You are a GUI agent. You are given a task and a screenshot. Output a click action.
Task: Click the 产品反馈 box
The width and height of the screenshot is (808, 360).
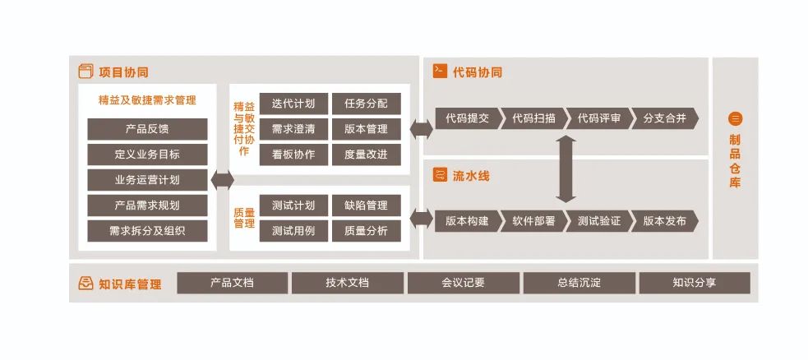click(x=147, y=129)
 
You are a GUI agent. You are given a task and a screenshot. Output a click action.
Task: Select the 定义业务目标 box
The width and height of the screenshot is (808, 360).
click(x=147, y=155)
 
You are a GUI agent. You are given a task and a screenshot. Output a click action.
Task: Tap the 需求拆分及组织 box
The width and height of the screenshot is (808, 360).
click(x=147, y=231)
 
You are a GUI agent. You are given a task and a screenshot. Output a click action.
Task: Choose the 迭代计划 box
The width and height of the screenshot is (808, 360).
click(x=293, y=104)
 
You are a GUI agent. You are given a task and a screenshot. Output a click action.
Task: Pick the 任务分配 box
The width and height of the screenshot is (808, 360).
click(x=366, y=104)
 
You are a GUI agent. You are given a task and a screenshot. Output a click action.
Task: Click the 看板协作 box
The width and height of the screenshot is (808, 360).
click(x=293, y=155)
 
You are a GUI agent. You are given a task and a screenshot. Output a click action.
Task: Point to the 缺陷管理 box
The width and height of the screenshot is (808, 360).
click(x=366, y=205)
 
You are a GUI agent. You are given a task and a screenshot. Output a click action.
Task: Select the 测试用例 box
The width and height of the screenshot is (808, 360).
click(x=293, y=231)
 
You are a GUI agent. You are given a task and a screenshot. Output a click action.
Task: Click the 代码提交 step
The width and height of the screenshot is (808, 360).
click(x=466, y=118)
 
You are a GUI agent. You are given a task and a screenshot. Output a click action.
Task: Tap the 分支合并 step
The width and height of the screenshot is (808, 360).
click(x=665, y=118)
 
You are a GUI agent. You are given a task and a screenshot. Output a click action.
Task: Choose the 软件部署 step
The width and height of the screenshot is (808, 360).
click(x=533, y=221)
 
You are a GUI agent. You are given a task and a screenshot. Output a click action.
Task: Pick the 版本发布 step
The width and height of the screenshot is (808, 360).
click(x=665, y=221)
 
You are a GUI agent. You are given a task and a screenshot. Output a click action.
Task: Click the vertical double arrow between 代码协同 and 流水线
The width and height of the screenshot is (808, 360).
click(x=566, y=169)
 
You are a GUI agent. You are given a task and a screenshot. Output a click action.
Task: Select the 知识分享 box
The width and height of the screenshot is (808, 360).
click(x=694, y=283)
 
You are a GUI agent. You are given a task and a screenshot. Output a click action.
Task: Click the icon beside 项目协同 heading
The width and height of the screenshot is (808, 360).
click(x=85, y=72)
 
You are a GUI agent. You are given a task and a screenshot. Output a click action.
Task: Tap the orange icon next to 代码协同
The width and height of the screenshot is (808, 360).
click(x=440, y=72)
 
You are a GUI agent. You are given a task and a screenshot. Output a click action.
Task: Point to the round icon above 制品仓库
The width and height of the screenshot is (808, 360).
click(x=735, y=118)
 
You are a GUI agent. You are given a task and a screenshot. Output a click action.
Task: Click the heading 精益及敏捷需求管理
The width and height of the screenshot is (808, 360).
click(x=147, y=100)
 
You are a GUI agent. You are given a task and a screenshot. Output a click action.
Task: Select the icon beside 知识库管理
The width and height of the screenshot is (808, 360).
click(x=85, y=284)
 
